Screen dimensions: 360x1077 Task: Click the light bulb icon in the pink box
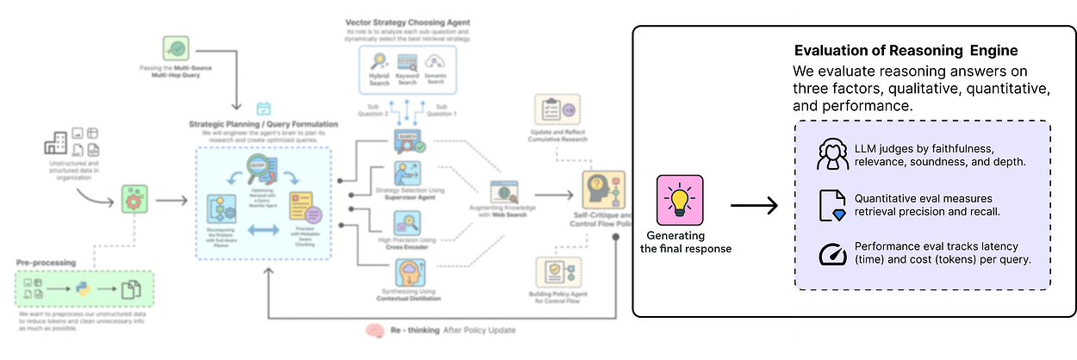coord(680,199)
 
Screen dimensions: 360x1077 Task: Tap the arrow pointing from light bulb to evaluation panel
coord(753,206)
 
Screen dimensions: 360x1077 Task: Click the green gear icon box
coord(134,199)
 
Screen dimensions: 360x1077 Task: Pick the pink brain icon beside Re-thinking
coord(374,329)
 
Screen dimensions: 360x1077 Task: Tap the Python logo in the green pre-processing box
coord(84,290)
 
